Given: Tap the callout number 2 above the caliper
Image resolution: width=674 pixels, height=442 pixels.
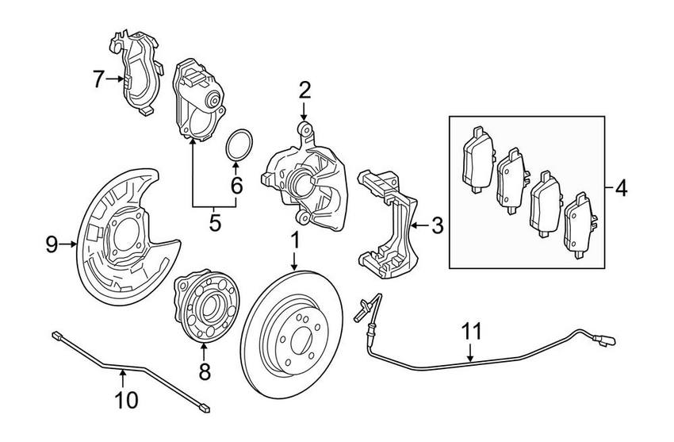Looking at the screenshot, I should click(x=304, y=90).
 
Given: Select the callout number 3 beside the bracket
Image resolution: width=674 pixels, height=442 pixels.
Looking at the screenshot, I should click(x=437, y=227).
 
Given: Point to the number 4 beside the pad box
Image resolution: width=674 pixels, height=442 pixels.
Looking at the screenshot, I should click(x=620, y=189).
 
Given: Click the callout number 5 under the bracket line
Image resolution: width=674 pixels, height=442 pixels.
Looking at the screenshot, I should click(x=214, y=223).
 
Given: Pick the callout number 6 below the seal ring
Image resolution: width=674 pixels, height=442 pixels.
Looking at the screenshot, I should click(x=236, y=185).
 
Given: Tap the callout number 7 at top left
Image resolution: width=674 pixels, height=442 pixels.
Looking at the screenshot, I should click(x=98, y=79).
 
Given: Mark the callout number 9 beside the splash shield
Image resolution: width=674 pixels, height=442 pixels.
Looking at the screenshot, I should click(x=52, y=245).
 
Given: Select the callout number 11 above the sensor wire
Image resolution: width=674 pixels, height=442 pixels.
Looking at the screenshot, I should click(x=471, y=332).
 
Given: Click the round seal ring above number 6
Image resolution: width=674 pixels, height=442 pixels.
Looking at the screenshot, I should click(x=236, y=146).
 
